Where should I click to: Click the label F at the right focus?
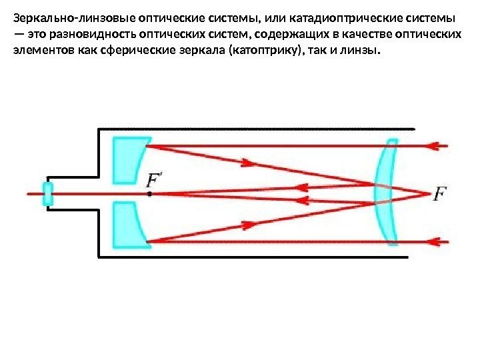pyautogui.click(x=441, y=195)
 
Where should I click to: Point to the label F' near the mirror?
pyautogui.click(x=154, y=180)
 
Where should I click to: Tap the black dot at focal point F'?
pyautogui.click(x=150, y=194)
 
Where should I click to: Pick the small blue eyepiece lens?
pyautogui.click(x=48, y=194)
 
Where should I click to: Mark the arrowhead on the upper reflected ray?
pyautogui.click(x=247, y=162)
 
